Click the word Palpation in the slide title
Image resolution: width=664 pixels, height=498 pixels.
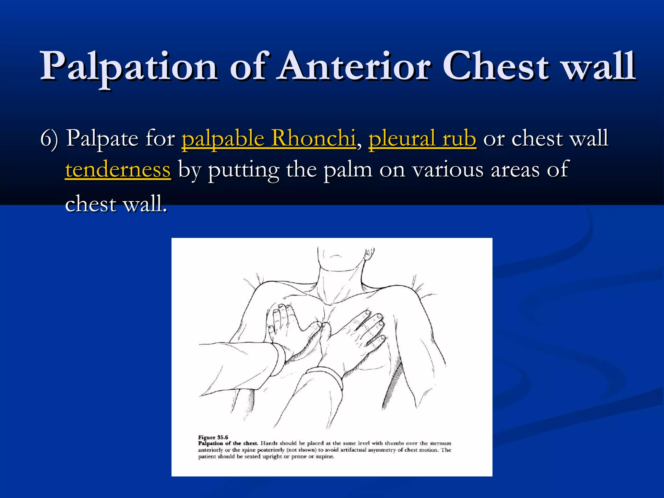pyautogui.click(x=128, y=66)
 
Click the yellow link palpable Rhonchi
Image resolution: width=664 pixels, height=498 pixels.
pyautogui.click(x=268, y=138)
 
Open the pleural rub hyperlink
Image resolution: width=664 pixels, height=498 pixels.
pyautogui.click(x=422, y=138)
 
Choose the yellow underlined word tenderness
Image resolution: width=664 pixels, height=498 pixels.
pyautogui.click(x=118, y=170)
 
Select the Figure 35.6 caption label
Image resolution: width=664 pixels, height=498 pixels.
pyautogui.click(x=213, y=437)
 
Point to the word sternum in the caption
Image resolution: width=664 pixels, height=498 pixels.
pyautogui.click(x=440, y=443)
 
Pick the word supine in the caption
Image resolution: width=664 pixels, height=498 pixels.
pyautogui.click(x=325, y=456)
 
